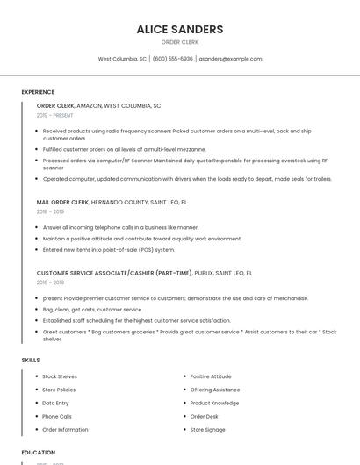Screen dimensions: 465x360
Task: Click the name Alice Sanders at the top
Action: coord(179,29)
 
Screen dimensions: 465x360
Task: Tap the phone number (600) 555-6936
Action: coord(172,59)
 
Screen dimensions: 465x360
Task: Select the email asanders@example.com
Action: coord(230,59)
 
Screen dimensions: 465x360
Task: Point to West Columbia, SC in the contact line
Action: coord(122,59)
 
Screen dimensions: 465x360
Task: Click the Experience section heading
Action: coord(38,92)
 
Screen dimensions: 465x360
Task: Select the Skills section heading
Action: coord(31,360)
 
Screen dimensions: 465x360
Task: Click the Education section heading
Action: coord(39,452)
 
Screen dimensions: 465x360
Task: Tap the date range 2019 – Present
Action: coord(55,115)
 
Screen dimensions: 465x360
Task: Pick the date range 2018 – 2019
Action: coord(50,211)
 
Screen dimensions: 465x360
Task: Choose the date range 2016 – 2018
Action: coord(50,283)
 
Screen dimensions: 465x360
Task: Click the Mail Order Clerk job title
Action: coord(62,202)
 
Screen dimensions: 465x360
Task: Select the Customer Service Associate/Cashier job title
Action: coord(114,273)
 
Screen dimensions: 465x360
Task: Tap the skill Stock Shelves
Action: coord(60,376)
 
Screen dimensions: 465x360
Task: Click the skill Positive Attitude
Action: coord(211,376)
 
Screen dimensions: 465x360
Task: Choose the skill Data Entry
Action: coord(56,403)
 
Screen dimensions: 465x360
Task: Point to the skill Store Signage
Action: coord(208,430)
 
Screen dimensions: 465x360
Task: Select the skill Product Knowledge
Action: coord(214,403)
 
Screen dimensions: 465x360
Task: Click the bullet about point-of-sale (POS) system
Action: coord(109,249)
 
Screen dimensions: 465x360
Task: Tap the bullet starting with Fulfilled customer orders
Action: coord(124,149)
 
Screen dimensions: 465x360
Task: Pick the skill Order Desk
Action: coord(205,416)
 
